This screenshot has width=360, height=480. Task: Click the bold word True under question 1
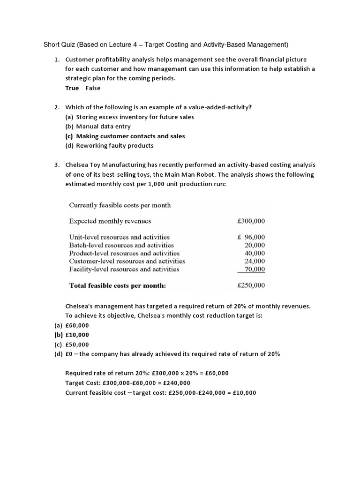pos(72,88)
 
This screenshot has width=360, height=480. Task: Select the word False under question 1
pos(93,88)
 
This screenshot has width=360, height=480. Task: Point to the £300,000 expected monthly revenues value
pos(251,221)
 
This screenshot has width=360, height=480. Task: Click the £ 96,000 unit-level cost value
pos(251,237)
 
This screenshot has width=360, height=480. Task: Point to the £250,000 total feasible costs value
pos(251,285)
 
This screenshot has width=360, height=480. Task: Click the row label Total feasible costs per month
pos(117,285)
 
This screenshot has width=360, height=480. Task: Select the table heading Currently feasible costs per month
pos(120,205)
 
